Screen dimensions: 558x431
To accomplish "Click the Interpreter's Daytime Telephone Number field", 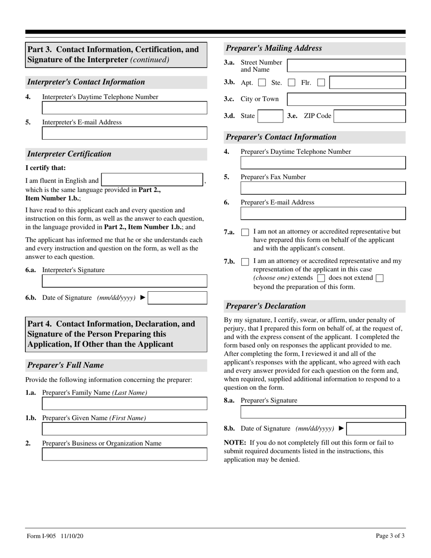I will [x=124, y=108].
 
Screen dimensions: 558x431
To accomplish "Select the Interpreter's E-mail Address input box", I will [x=124, y=133].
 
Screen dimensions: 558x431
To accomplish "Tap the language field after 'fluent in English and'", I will [x=152, y=180].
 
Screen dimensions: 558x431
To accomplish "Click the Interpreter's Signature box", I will [x=124, y=281].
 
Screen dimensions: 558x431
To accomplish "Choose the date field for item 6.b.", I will [x=177, y=298].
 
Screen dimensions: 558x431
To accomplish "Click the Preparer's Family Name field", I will [x=124, y=404].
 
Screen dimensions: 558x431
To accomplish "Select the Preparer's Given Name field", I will [x=124, y=429].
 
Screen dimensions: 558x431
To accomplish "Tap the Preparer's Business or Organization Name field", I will [x=124, y=455].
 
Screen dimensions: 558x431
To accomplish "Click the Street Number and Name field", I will [x=346, y=65].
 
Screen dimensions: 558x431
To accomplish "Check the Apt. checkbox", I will [x=262, y=83].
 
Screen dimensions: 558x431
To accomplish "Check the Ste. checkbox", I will [x=292, y=83].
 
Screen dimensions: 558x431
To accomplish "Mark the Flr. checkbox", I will [x=321, y=83].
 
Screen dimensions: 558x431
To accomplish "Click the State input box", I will [x=270, y=116].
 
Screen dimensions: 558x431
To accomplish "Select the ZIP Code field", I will [x=370, y=116].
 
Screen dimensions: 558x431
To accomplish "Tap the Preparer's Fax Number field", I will [x=323, y=188].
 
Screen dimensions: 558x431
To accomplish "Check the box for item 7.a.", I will [x=245, y=232].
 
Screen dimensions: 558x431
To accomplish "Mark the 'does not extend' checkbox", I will [x=380, y=278].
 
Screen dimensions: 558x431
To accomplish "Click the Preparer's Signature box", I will [x=323, y=412].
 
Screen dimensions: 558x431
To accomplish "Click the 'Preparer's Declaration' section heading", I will [x=266, y=306].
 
